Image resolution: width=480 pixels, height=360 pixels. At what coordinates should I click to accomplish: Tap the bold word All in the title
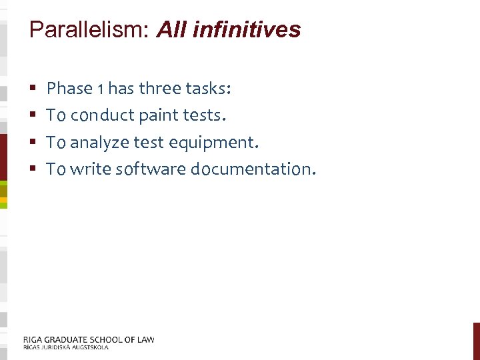pos(170,30)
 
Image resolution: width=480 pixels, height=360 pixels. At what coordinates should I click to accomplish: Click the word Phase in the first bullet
pos(70,88)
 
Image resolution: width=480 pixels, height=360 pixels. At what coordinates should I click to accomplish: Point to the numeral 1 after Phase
pos(101,89)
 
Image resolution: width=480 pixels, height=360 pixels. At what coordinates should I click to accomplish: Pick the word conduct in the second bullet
pos(103,115)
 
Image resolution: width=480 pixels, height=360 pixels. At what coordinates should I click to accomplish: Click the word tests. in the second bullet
pos(204,115)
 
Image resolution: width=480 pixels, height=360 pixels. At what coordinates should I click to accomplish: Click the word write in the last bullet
pos(91,169)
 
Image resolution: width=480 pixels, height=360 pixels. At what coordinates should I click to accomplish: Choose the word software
pos(151,169)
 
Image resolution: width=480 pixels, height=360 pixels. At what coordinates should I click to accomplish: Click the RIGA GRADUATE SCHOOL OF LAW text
pos(88,339)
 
